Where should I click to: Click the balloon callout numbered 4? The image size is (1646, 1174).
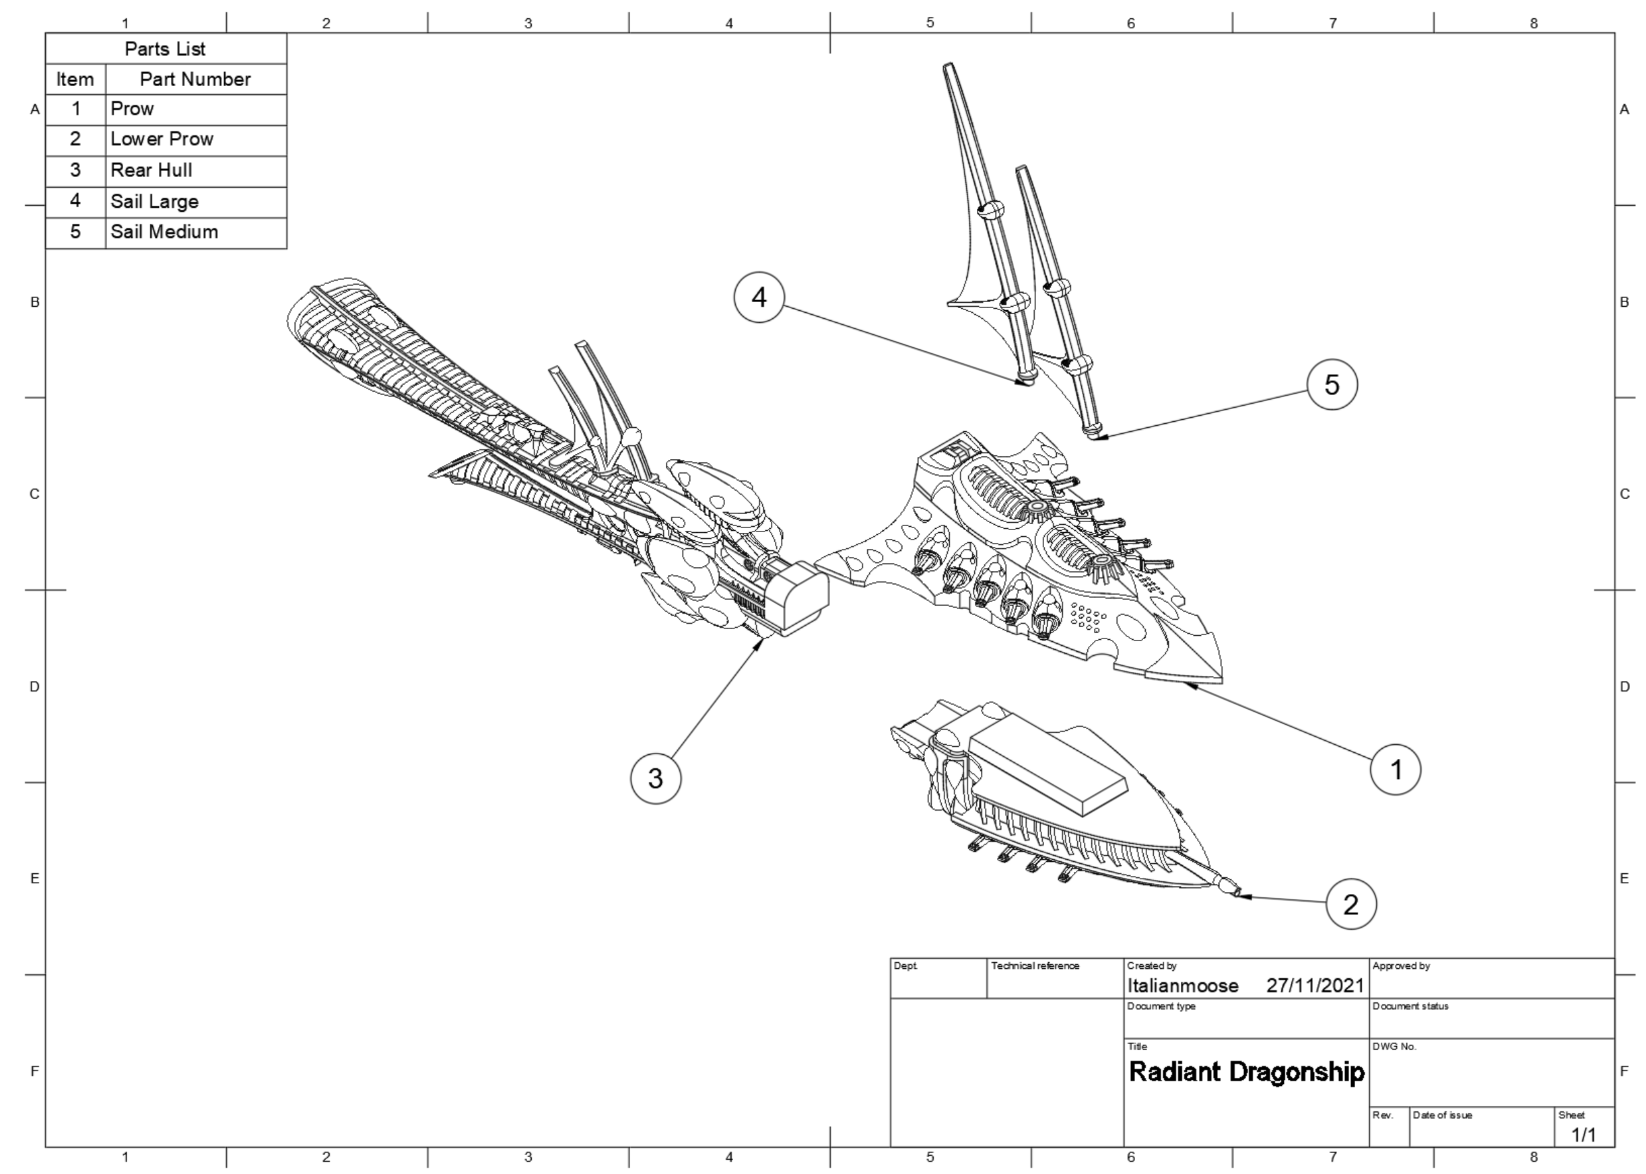[x=759, y=297]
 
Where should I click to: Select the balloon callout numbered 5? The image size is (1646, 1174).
[x=1332, y=385]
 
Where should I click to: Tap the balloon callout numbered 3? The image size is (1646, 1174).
[x=655, y=778]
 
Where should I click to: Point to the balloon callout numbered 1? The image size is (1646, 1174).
[x=1394, y=769]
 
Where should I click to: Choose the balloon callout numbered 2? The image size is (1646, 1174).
[x=1350, y=904]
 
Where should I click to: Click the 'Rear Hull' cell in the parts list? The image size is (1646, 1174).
[x=151, y=171]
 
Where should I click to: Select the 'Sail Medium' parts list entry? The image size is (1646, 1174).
[x=164, y=232]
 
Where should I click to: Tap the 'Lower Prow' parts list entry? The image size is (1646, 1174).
[x=162, y=139]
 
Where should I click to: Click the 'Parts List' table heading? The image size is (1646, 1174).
[x=165, y=49]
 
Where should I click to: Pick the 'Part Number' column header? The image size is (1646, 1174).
[x=195, y=79]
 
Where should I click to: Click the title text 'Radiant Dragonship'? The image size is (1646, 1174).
[x=1246, y=1071]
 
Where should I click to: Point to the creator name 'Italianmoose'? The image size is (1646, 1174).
[x=1182, y=986]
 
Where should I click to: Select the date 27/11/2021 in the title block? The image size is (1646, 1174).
[x=1315, y=986]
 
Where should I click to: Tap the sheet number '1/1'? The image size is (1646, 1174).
[x=1584, y=1135]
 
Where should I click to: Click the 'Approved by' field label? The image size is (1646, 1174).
[x=1401, y=966]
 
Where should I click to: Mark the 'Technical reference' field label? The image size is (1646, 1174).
[x=1035, y=966]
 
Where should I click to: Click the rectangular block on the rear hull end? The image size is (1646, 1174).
[x=796, y=599]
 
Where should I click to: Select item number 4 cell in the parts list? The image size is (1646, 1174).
[x=75, y=201]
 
